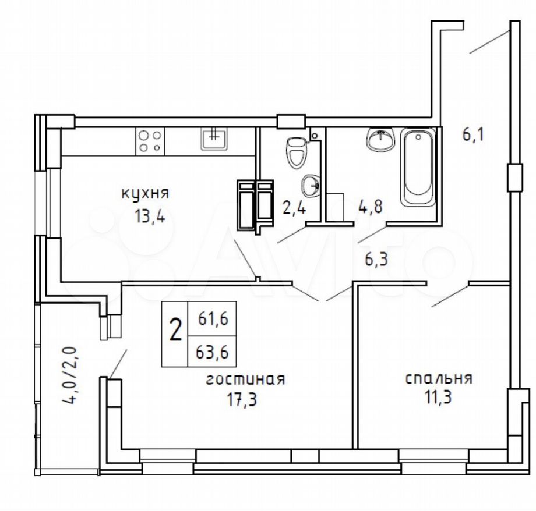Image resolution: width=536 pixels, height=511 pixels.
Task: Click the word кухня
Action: click(x=145, y=194)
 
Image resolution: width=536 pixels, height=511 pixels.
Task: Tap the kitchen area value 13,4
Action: click(x=150, y=216)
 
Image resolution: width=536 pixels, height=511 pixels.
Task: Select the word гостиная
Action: click(x=245, y=379)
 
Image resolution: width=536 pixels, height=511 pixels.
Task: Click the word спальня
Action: click(x=439, y=378)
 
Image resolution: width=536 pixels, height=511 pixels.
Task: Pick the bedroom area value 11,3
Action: click(x=438, y=398)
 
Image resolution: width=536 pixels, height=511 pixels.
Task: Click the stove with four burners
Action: click(x=150, y=141)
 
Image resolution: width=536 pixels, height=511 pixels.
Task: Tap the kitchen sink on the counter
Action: click(x=214, y=139)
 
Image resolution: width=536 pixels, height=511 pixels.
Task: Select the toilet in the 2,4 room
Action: click(x=297, y=152)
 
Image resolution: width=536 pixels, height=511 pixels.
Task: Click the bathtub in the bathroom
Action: click(x=418, y=168)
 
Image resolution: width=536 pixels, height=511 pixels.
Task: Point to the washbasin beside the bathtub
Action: click(x=381, y=139)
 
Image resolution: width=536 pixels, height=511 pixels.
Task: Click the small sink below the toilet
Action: click(x=311, y=186)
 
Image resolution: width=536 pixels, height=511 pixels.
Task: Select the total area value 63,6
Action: click(x=212, y=352)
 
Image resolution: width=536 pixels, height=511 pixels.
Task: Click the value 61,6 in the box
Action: click(x=213, y=320)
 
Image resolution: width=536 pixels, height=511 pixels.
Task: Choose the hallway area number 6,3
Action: click(x=376, y=260)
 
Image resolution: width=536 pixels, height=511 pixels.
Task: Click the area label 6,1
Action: click(x=474, y=134)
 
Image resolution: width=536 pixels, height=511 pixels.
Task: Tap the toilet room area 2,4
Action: click(x=294, y=208)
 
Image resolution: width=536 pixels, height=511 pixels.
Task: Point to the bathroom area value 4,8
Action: click(x=370, y=207)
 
